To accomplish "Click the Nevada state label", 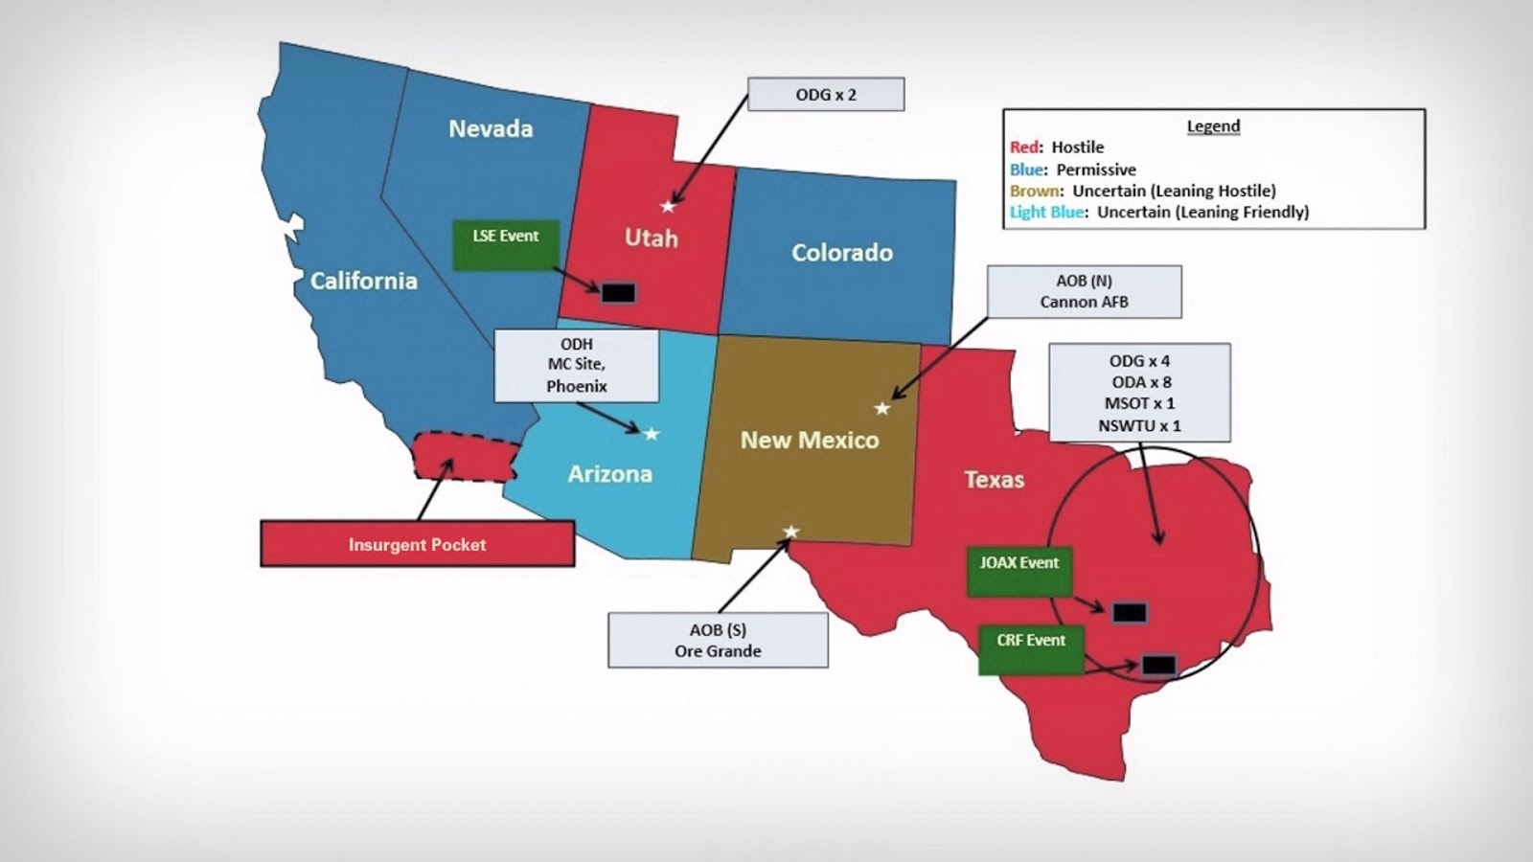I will coord(491,128).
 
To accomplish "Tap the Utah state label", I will coord(652,238).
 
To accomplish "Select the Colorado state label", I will coord(841,253).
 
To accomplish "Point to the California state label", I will coord(363,281).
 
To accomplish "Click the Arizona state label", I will coord(609,474).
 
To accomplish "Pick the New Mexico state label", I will coord(810,441).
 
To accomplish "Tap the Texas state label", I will coord(994,480).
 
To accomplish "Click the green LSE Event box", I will coord(506,244).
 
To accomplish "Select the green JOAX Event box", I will coord(1018,572).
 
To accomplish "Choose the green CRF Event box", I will coord(1031,648).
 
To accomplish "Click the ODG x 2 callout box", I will coord(825,95).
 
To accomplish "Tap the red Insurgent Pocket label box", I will coord(417,544).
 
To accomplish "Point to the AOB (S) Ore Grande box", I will coord(718,640).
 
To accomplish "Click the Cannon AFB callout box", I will coord(1084,291).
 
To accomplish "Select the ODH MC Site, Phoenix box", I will coord(576,365).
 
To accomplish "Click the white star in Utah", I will coord(668,206).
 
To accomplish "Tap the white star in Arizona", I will coord(652,434).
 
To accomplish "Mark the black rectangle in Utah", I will coord(618,292).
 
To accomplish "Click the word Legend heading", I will coord(1213,126).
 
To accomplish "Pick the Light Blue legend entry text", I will coord(1159,212).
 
